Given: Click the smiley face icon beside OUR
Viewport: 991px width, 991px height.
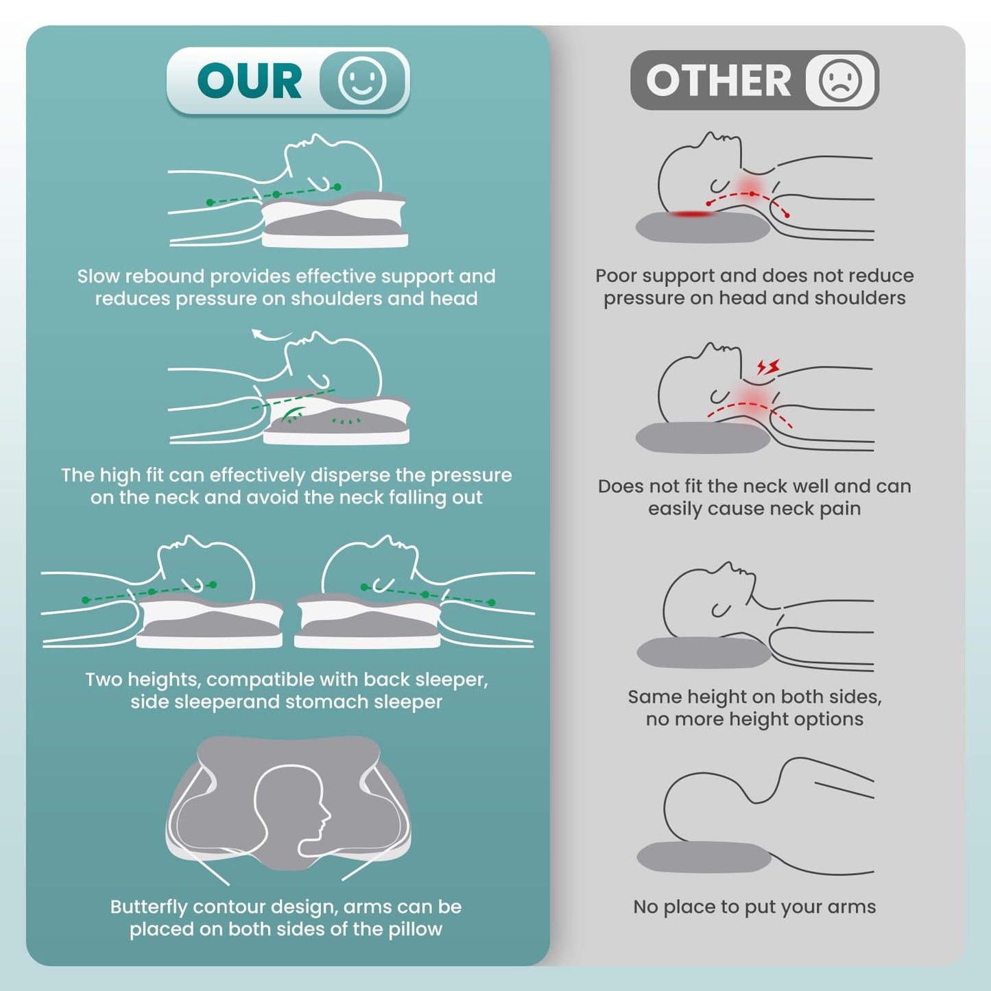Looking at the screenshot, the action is coord(361,81).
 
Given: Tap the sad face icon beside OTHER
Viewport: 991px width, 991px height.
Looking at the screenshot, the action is coord(840,80).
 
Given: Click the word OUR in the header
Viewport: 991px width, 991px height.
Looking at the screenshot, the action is coord(250,81).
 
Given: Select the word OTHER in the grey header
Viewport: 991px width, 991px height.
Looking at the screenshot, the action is coord(719,81).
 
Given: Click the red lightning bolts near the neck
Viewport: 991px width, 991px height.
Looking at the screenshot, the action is coord(768,367).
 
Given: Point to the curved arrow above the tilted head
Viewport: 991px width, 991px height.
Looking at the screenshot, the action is coord(272,335).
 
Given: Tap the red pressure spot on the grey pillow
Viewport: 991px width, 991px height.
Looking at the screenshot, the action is coord(692,213).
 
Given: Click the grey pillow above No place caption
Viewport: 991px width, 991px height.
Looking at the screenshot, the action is coord(704,858).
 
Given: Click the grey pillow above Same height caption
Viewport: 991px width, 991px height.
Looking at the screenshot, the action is coord(704,653).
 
